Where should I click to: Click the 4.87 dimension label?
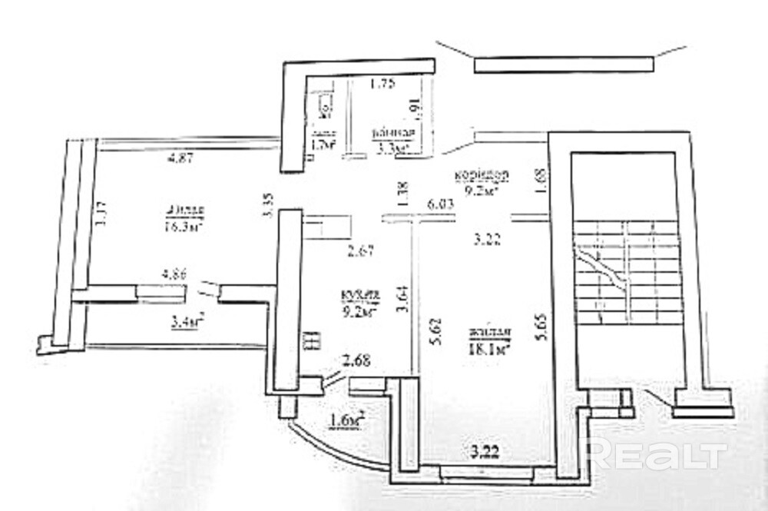(x=179, y=159)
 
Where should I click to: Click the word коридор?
(x=480, y=173)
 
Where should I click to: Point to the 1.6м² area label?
(x=346, y=420)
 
